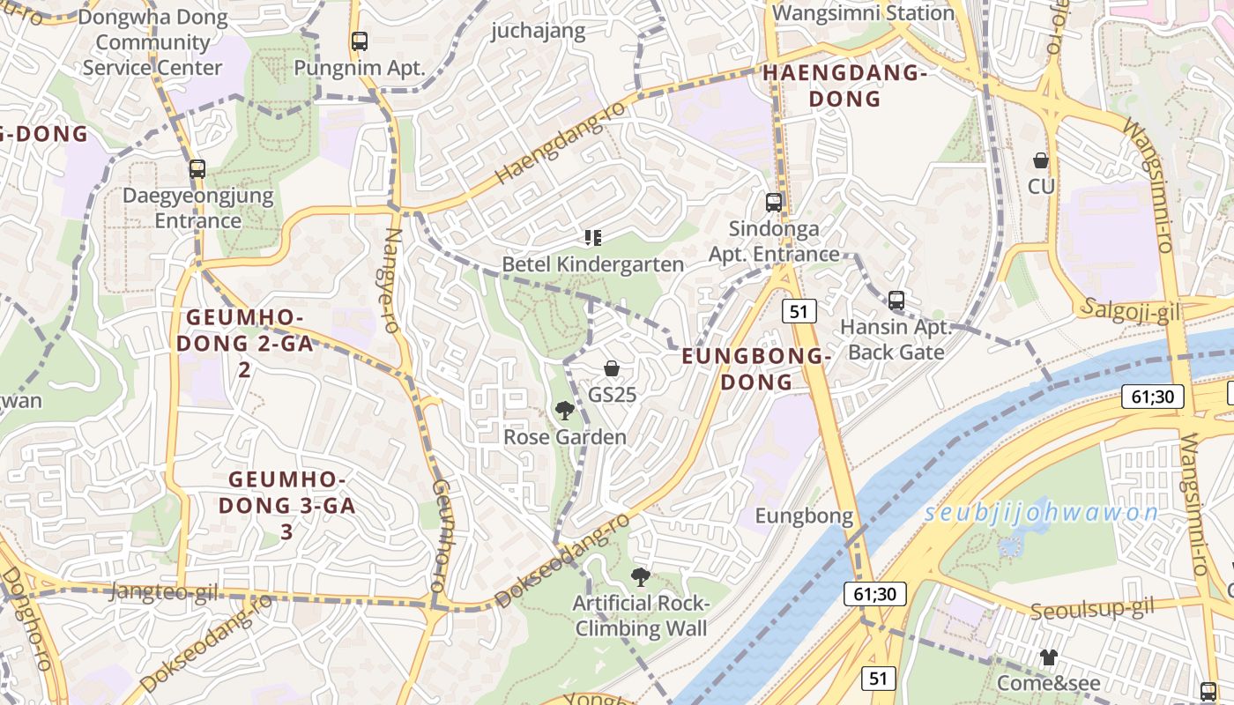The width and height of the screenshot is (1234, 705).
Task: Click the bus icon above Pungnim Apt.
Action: pyautogui.click(x=359, y=41)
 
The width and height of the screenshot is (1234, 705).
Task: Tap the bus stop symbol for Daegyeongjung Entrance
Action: pyautogui.click(x=197, y=168)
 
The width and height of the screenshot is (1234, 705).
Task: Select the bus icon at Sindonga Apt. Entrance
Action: pyautogui.click(x=774, y=202)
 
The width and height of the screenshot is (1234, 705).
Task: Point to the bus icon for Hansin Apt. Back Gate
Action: pyautogui.click(x=896, y=301)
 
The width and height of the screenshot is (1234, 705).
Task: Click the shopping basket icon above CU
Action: pyautogui.click(x=1041, y=160)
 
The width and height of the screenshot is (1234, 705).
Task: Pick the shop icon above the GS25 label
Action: pyautogui.click(x=612, y=368)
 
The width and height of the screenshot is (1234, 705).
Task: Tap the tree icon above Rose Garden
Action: pyautogui.click(x=564, y=410)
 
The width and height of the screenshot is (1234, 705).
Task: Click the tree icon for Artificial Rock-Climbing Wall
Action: pyautogui.click(x=641, y=577)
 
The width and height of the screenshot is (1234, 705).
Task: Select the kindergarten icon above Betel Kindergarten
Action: pyautogui.click(x=593, y=237)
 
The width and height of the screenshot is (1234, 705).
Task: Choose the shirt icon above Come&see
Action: pyautogui.click(x=1048, y=657)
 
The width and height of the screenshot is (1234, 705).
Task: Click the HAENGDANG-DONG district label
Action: pyautogui.click(x=833, y=85)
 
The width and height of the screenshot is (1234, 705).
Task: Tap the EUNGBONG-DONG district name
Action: pyautogui.click(x=757, y=368)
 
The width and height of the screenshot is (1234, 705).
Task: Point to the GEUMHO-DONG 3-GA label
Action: pyautogui.click(x=286, y=506)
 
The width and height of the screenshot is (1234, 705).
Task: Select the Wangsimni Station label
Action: pyautogui.click(x=863, y=13)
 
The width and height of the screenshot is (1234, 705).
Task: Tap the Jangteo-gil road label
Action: pyautogui.click(x=164, y=592)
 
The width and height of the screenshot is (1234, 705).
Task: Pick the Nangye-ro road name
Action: pyautogui.click(x=392, y=280)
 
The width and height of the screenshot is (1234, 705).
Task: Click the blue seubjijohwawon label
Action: pyautogui.click(x=1041, y=514)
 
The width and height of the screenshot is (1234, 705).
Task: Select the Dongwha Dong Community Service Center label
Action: pyautogui.click(x=152, y=42)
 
